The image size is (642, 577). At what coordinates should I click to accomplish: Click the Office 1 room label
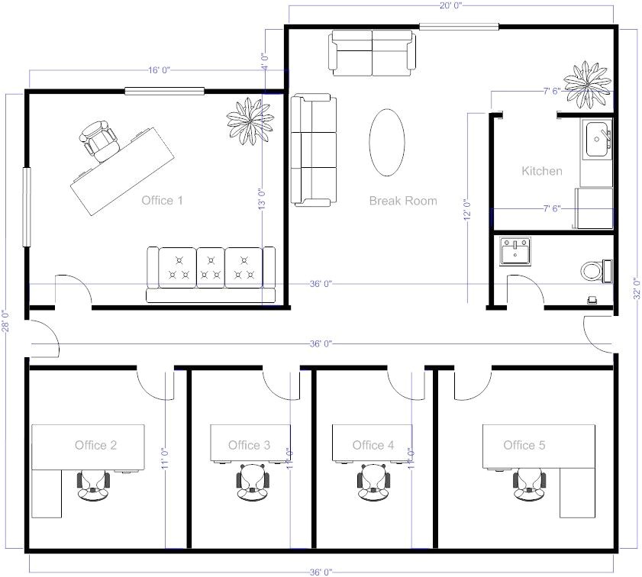coord(162,201)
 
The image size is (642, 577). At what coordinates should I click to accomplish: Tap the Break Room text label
coord(403,201)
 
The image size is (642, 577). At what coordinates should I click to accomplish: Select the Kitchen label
coord(542,171)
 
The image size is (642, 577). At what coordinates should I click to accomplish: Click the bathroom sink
coord(516,252)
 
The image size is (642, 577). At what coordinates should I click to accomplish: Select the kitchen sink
coord(597,139)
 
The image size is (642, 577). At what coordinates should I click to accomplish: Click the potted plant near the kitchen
coord(587,83)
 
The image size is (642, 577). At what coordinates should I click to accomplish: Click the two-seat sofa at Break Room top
coord(373,51)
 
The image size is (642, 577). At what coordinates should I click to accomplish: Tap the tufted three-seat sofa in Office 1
coord(211,273)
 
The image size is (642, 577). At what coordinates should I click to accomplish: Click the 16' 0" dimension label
coord(159,70)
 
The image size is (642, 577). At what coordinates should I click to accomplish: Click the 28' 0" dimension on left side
coord(6,321)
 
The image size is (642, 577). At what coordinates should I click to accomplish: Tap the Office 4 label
coord(373,445)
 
